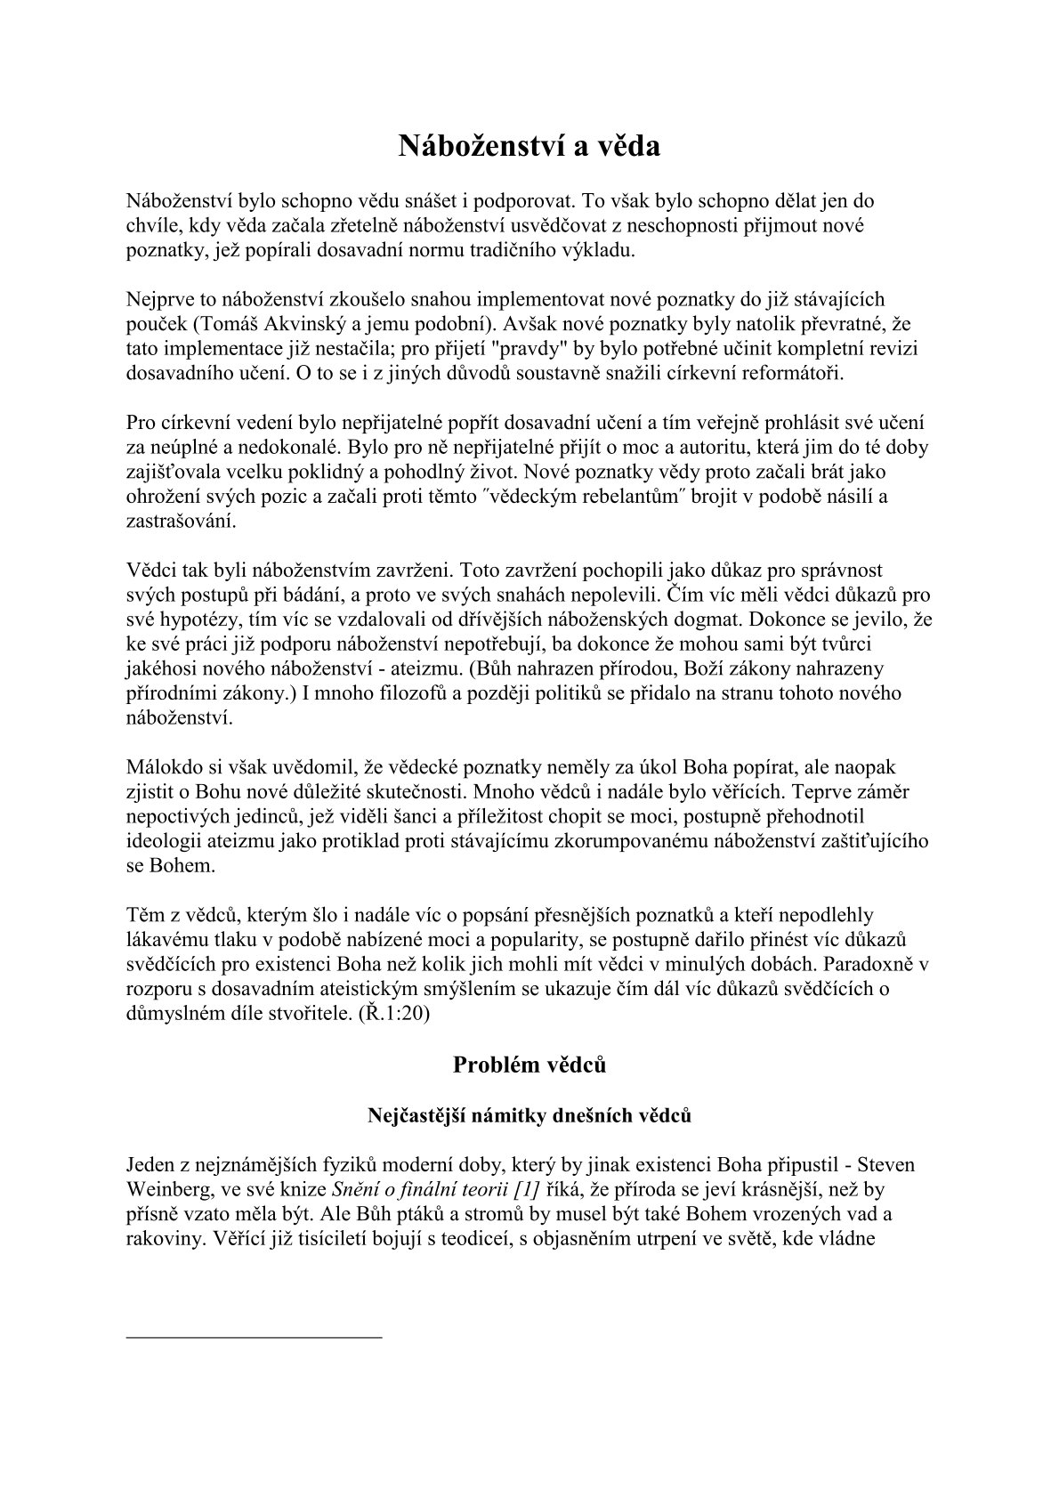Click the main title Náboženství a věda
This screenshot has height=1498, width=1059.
[529, 145]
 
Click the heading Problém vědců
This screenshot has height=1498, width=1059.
[529, 1064]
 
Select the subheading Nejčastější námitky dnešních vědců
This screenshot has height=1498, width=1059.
[529, 1114]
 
